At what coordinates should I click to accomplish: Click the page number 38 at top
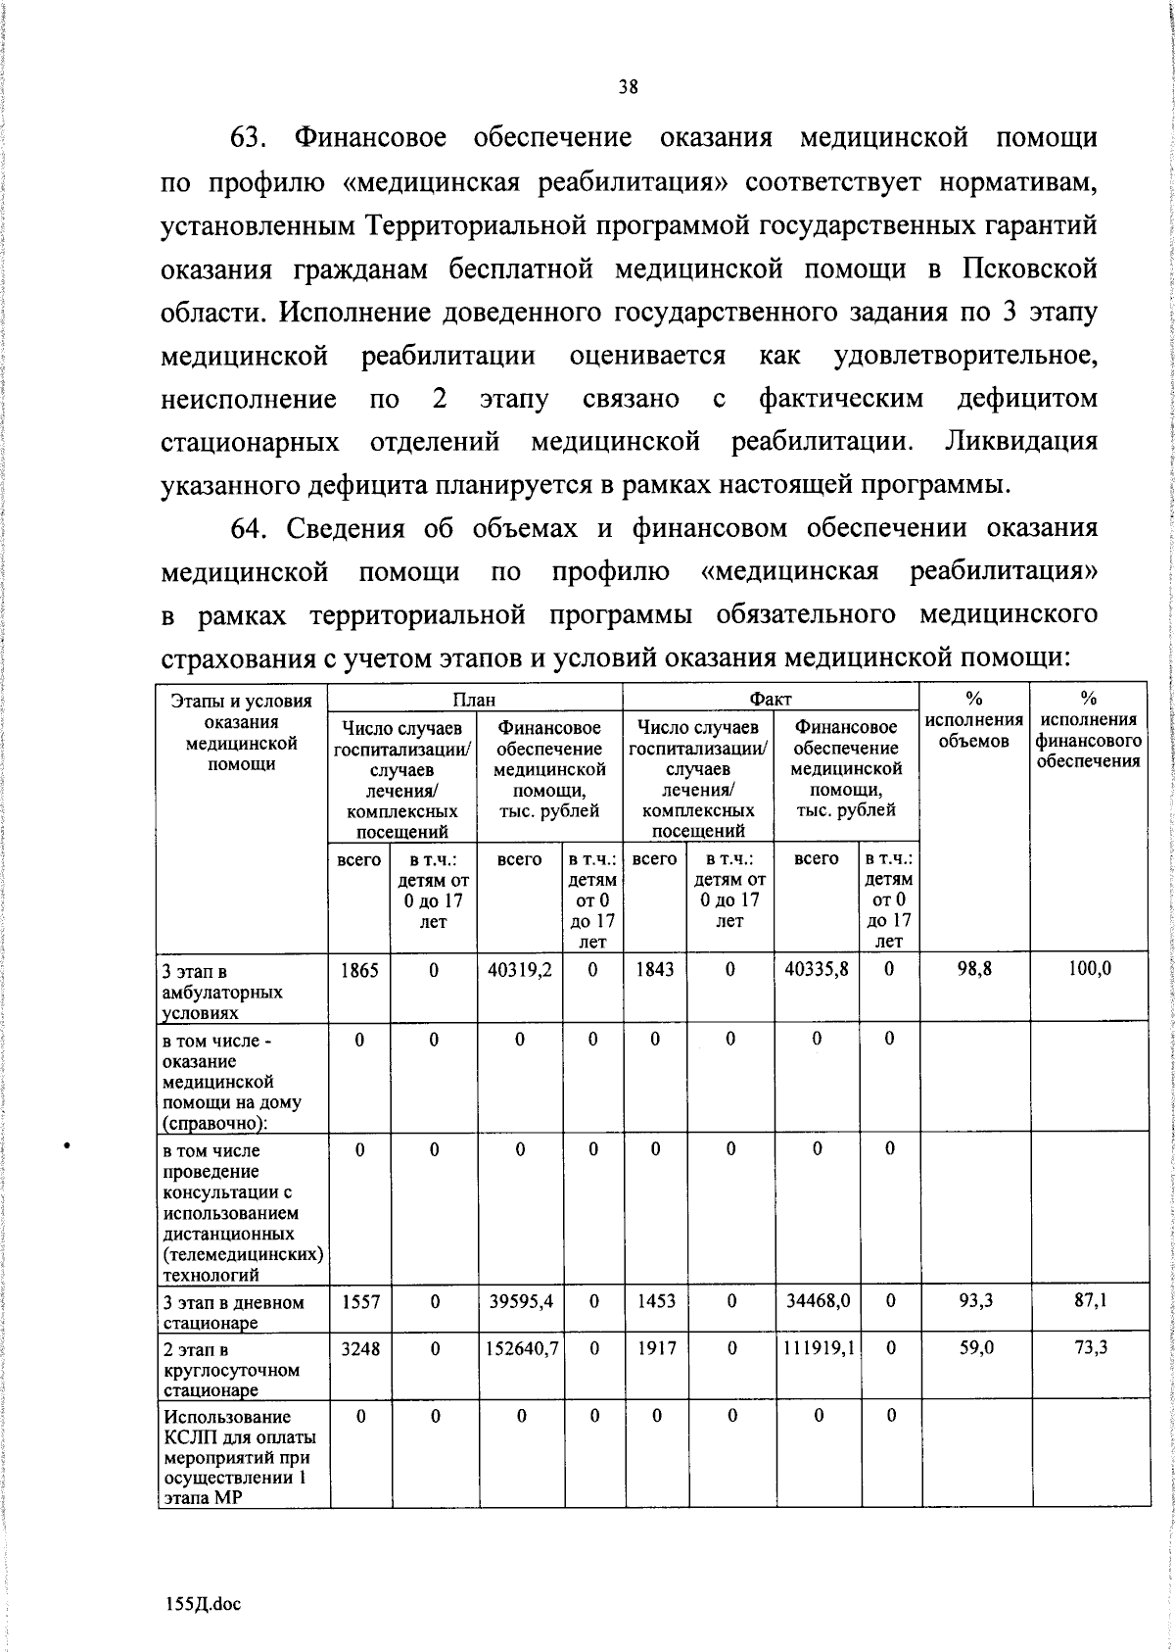(628, 87)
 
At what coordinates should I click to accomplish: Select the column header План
(474, 699)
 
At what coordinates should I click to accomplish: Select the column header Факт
(770, 699)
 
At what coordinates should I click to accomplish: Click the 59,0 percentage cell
(975, 1348)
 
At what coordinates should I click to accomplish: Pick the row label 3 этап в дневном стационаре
(233, 1312)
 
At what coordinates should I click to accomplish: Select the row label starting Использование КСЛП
(240, 1457)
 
